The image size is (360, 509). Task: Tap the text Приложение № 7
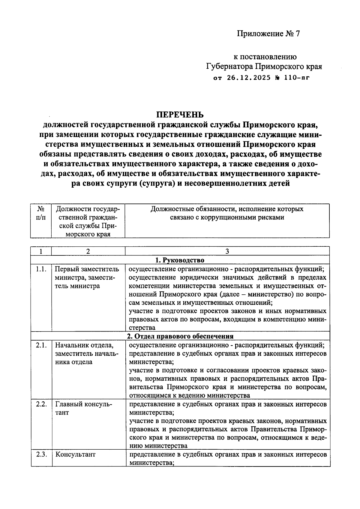tap(268, 34)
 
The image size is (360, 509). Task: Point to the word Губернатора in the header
tap(229, 66)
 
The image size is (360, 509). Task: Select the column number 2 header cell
tap(88, 252)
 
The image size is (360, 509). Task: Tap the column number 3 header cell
tap(227, 252)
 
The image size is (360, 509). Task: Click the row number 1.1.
tap(41, 269)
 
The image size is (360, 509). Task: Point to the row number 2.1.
tap(41, 345)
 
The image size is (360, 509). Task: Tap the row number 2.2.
tap(41, 404)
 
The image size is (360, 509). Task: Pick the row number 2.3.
tap(41, 454)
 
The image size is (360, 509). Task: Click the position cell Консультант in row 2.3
tap(75, 454)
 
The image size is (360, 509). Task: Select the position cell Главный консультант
tap(83, 408)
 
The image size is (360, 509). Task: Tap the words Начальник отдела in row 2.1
tap(84, 345)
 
